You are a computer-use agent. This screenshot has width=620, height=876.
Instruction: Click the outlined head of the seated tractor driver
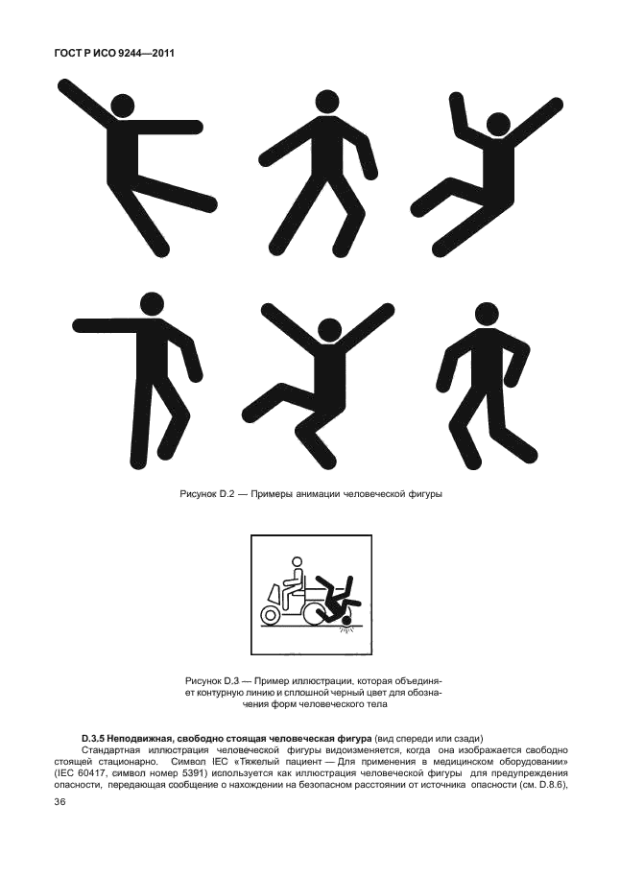pyautogui.click(x=296, y=564)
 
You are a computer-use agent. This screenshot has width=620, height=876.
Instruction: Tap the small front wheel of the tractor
pyautogui.click(x=271, y=614)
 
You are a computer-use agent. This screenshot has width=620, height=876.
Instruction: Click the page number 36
pyautogui.click(x=60, y=803)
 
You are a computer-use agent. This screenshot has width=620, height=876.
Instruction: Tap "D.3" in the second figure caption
pyautogui.click(x=232, y=681)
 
